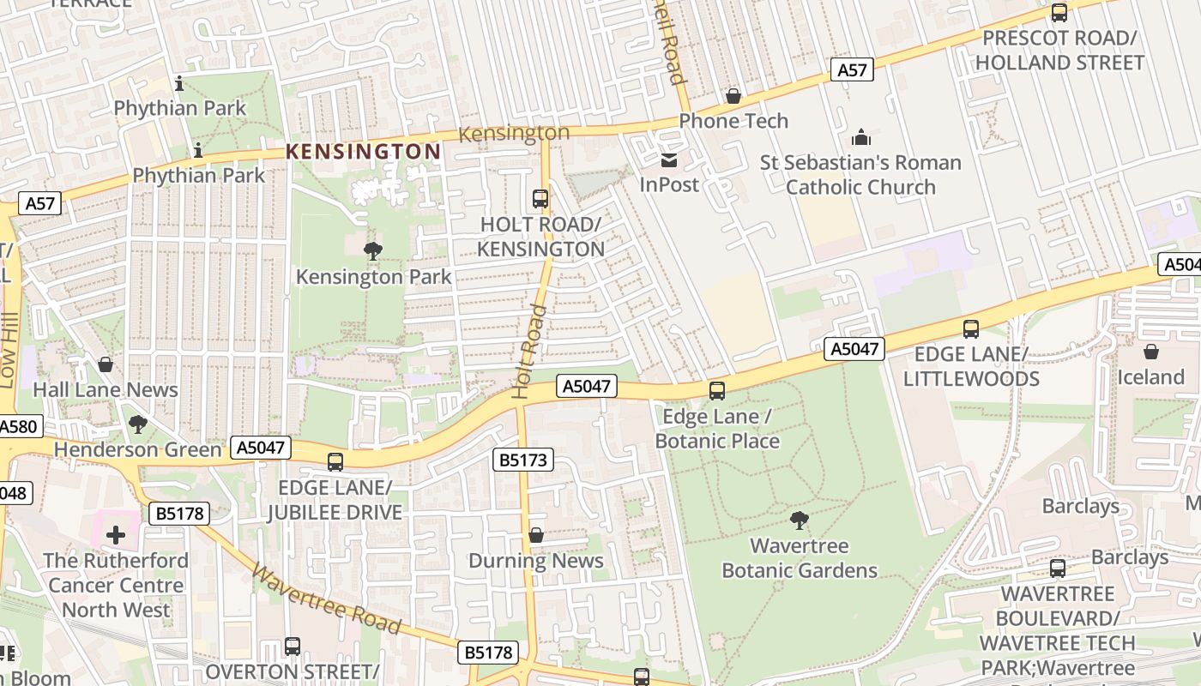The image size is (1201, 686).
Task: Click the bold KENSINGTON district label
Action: point(363,152)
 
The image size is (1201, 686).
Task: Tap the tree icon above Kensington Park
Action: point(373,251)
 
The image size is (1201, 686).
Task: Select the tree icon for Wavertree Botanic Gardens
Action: point(800,521)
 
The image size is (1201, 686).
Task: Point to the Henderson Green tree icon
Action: point(137,424)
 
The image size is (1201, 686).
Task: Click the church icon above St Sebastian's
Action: point(860,137)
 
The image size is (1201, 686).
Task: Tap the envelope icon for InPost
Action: point(669,160)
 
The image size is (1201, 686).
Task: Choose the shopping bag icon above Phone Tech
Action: point(733,96)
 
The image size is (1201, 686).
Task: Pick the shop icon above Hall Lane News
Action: point(106,365)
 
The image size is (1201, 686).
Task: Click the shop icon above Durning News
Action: point(536,536)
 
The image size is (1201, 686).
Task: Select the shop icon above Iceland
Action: point(1151,352)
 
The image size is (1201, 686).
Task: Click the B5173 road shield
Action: point(523,460)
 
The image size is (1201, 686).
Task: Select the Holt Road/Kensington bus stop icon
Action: point(540,199)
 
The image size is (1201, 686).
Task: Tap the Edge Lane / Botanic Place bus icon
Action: point(717,391)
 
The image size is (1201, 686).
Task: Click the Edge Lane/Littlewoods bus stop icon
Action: point(971,329)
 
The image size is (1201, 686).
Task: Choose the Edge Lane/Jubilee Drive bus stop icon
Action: point(335,462)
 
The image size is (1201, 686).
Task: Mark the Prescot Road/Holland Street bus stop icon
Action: point(1059,13)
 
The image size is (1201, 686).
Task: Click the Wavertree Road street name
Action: point(327,599)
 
